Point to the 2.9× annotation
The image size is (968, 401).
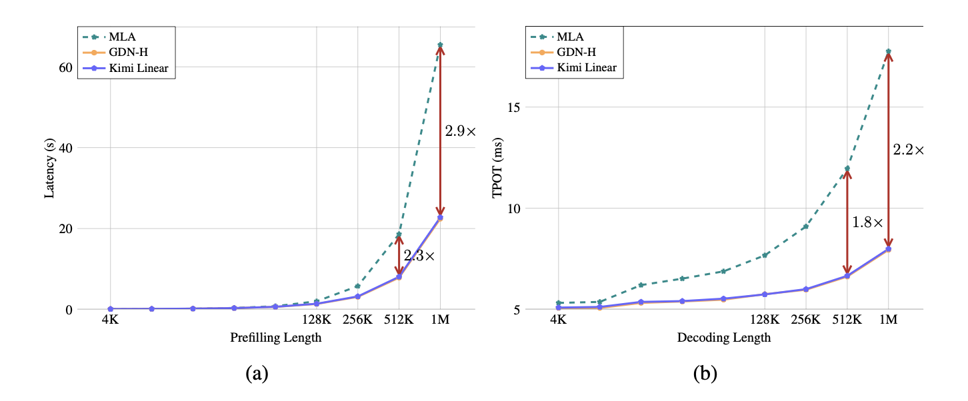461,131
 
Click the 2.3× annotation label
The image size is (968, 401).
419,255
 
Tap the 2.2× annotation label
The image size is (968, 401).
909,151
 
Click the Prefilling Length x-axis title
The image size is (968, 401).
275,338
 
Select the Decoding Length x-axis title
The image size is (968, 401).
724,338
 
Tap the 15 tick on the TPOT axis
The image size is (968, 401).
515,107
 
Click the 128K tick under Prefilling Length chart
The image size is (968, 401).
316,320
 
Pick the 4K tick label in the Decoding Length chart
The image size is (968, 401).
558,320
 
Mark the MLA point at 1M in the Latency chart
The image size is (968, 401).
440,45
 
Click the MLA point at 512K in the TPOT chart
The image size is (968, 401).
847,169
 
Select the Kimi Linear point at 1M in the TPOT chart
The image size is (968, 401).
888,248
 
